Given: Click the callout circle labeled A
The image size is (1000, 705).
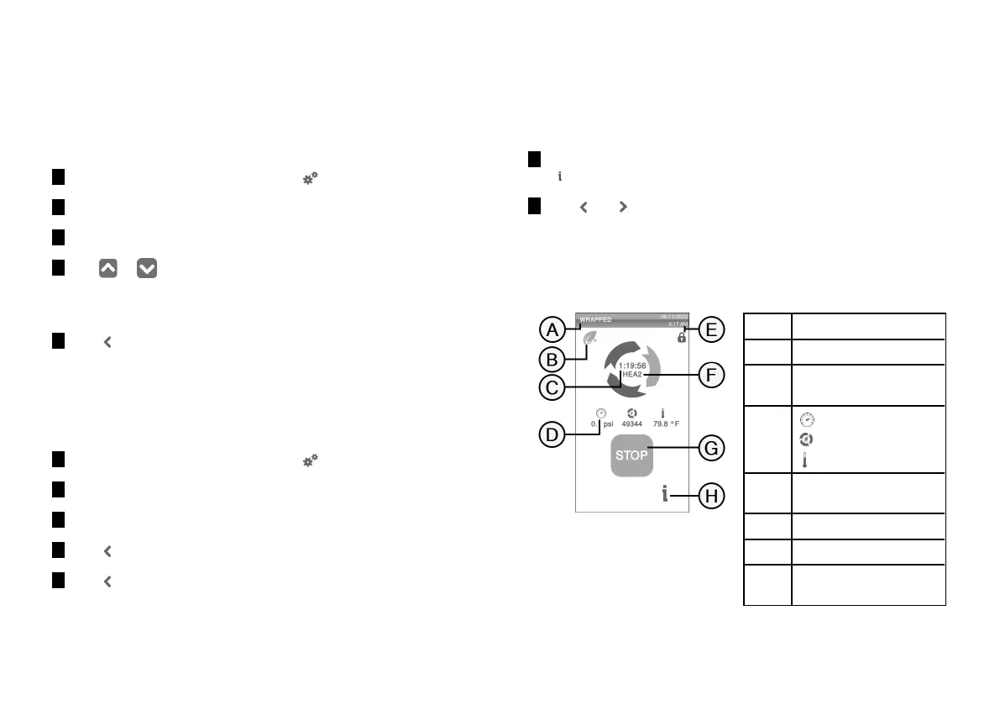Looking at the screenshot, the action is pyautogui.click(x=551, y=329).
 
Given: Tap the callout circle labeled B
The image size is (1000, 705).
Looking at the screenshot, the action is pyautogui.click(x=551, y=359).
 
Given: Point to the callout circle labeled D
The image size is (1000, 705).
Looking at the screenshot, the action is pyautogui.click(x=551, y=435).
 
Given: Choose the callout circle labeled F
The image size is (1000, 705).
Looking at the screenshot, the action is pyautogui.click(x=710, y=374).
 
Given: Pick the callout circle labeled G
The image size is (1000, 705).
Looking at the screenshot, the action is pyautogui.click(x=710, y=449).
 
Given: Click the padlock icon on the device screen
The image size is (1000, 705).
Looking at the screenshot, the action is pyautogui.click(x=681, y=337).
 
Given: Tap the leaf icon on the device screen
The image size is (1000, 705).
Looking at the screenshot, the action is pyautogui.click(x=590, y=338).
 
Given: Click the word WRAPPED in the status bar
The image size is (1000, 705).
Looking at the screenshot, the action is pyautogui.click(x=595, y=320).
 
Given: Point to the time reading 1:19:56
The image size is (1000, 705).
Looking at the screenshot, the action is pyautogui.click(x=631, y=366).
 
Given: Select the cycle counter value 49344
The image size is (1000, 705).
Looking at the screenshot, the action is pyautogui.click(x=631, y=424).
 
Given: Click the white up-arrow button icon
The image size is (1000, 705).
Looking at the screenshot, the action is pyautogui.click(x=107, y=269).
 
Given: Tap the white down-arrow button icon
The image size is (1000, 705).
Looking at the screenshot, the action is pyautogui.click(x=147, y=269).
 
